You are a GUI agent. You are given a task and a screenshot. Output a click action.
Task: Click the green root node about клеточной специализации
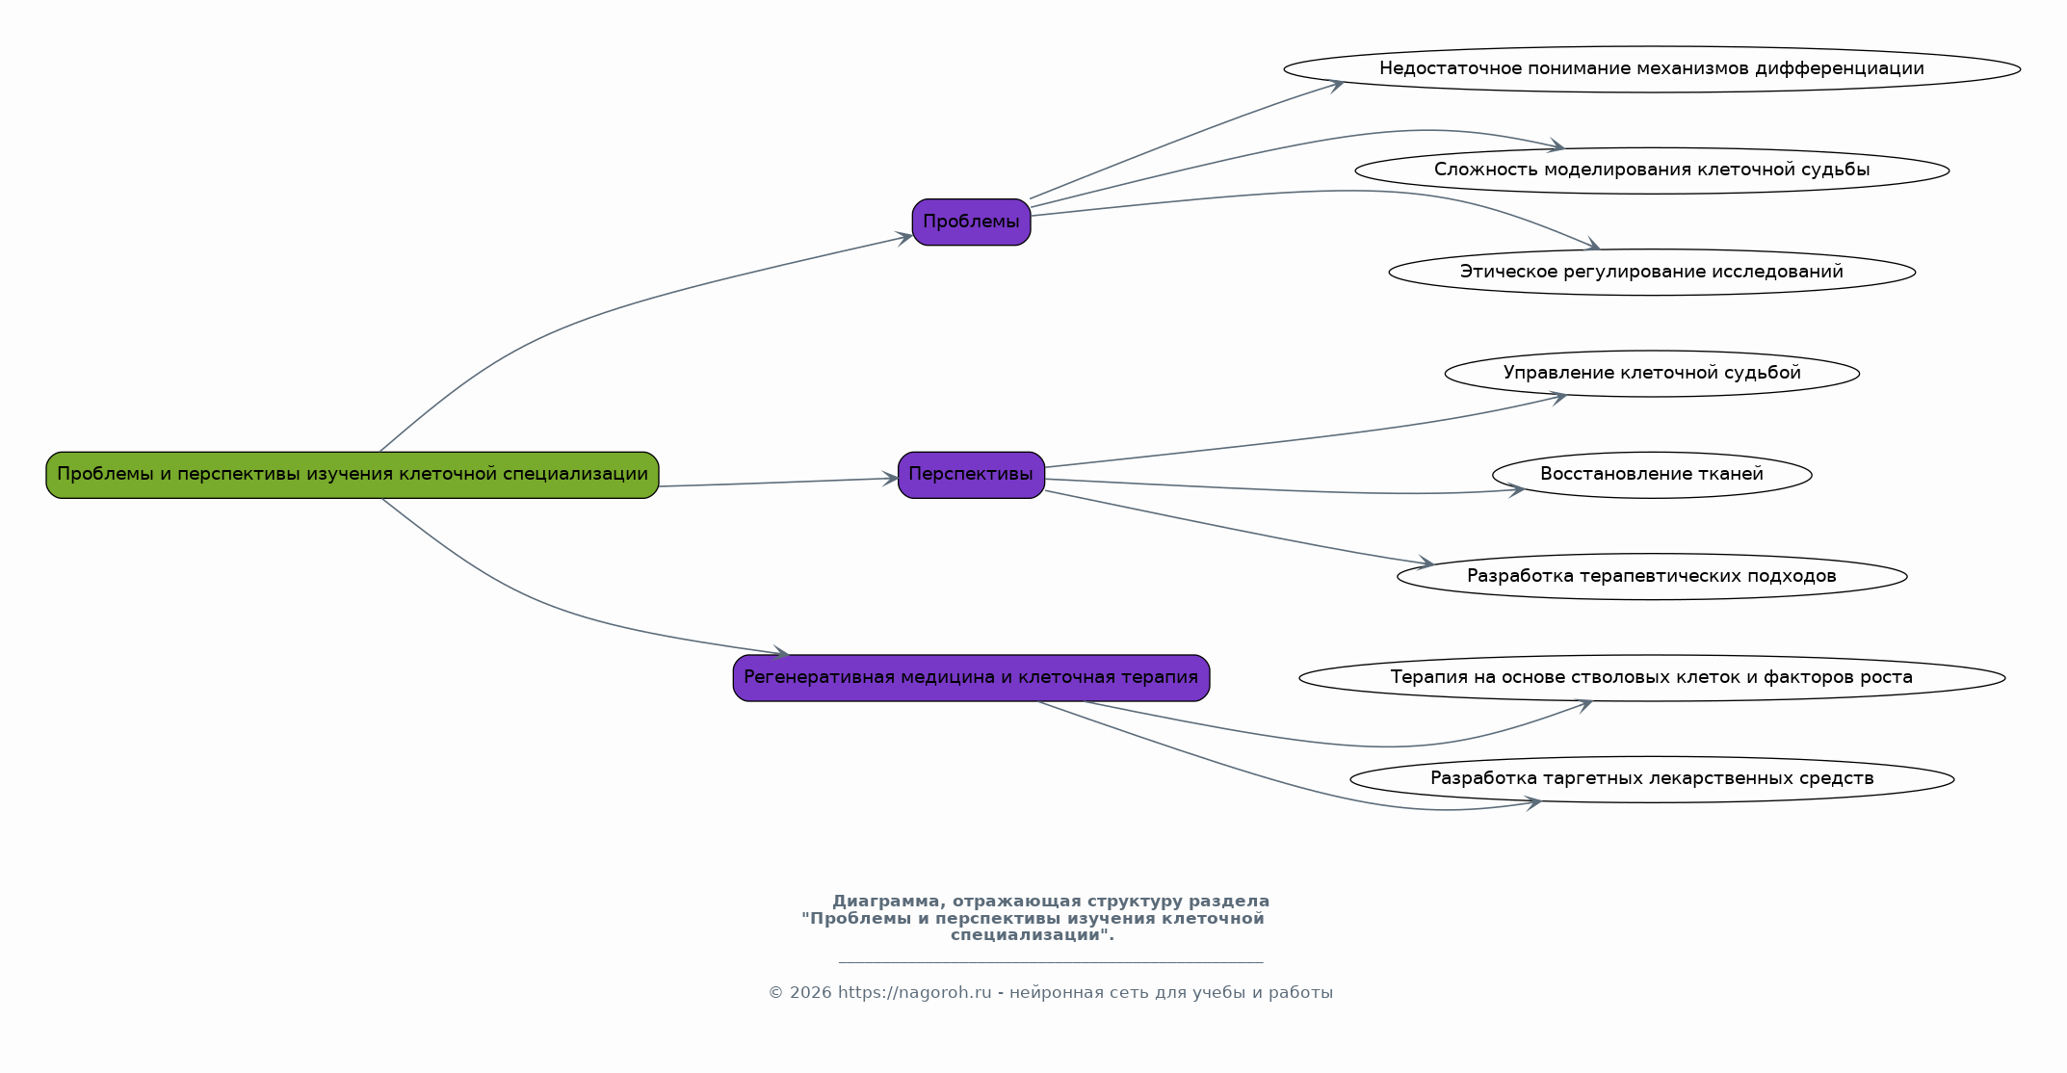tap(353, 475)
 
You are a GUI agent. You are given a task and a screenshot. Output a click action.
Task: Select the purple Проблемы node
tap(971, 222)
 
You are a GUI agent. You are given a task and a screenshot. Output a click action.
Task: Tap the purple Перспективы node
tap(971, 475)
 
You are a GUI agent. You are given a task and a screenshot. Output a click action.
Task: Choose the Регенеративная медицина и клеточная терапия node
tap(971, 678)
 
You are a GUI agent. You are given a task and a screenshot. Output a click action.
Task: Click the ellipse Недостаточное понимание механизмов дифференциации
tap(1652, 69)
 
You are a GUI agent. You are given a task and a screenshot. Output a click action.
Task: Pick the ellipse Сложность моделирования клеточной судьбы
tap(1652, 170)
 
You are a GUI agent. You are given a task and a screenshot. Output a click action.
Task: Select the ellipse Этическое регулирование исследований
tap(1652, 273)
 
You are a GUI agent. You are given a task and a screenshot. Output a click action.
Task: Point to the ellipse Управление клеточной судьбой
tap(1652, 374)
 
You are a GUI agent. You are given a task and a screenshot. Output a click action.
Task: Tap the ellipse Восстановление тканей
tap(1652, 475)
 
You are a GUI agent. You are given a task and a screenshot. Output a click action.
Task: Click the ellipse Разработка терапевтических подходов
tap(1652, 577)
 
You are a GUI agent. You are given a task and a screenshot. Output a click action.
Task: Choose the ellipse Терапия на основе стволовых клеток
tap(1652, 678)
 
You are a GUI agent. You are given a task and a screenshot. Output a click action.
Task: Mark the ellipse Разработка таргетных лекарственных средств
tap(1652, 779)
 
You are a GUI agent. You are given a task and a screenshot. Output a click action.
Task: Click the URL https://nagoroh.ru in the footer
tap(914, 993)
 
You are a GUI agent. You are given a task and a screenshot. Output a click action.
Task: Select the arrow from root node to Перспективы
tap(778, 483)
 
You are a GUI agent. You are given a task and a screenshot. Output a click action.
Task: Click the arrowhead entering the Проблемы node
tap(904, 238)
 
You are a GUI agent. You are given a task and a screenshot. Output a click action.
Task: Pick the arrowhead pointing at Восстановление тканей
tap(1516, 491)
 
